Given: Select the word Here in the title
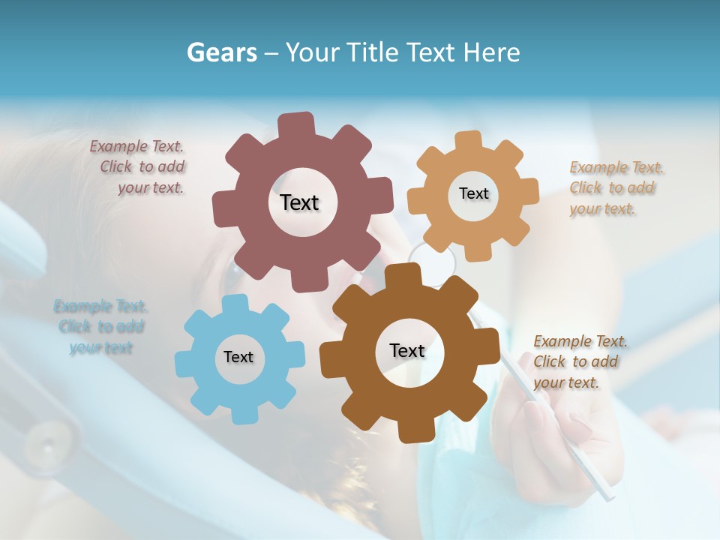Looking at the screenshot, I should point(492,52).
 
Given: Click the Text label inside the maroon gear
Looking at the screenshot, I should point(299,202).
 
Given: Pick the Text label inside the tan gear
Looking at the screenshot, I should point(473,193).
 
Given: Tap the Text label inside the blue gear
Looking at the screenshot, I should point(238,357).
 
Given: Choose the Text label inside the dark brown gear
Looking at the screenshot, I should point(407,350).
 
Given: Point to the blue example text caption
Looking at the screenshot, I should point(100,326).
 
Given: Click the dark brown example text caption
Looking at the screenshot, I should point(579,361).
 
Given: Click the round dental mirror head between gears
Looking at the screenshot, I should point(434,263).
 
